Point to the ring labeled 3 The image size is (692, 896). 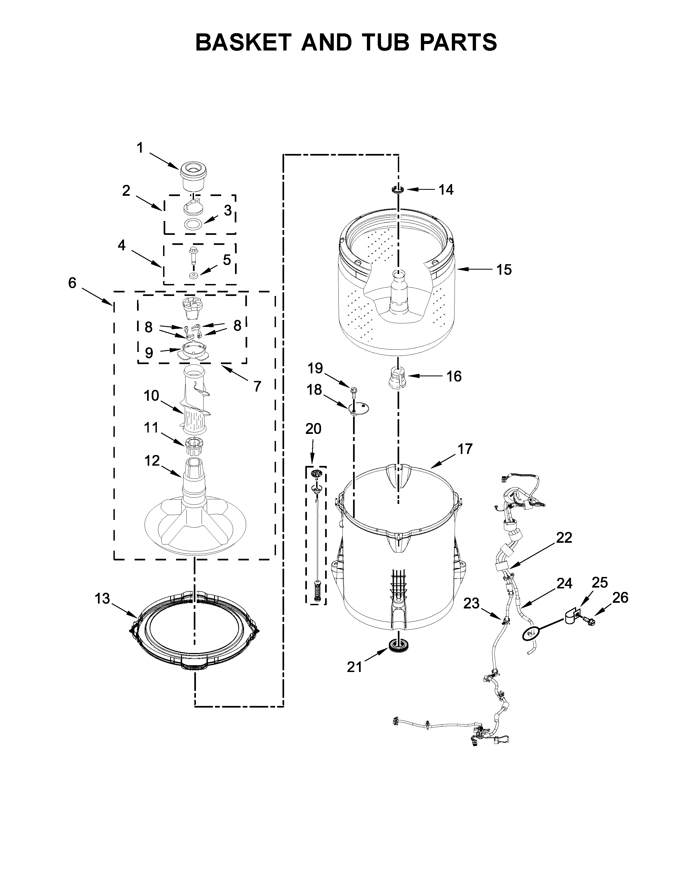[193, 225]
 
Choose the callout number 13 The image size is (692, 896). [103, 599]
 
